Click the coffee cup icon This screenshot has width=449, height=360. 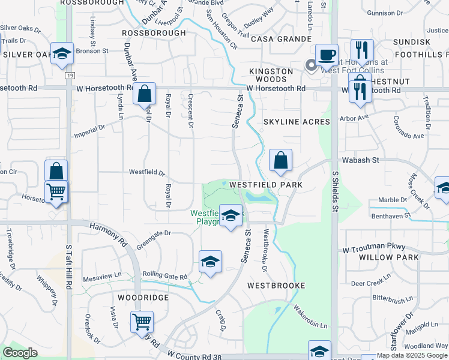tap(327, 55)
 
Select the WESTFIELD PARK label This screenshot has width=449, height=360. tap(274, 185)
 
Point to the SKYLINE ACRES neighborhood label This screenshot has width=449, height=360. tap(297, 122)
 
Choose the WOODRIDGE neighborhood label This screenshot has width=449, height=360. tap(143, 298)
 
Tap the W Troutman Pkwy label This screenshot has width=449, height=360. tap(374, 248)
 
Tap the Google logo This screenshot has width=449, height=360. tap(20, 353)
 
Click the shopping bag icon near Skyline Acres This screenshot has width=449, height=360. tap(280, 160)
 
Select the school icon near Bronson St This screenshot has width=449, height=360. tap(62, 53)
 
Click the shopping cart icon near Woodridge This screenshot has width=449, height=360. tap(142, 322)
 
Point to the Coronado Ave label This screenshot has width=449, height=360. tap(409, 131)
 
